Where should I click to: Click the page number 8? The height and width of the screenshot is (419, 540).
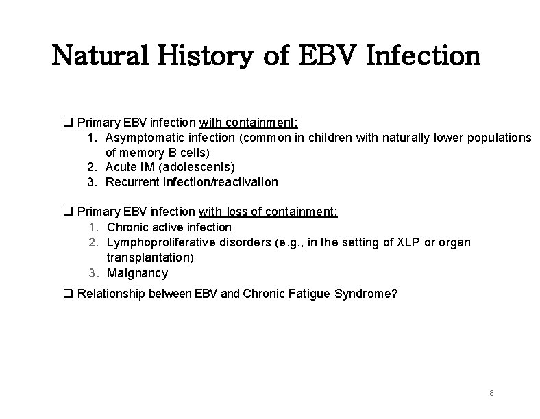(492, 394)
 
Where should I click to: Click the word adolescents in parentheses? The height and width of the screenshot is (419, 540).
(199, 167)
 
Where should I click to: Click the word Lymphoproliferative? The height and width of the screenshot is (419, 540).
(164, 243)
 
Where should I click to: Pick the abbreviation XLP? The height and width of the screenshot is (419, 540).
(409, 243)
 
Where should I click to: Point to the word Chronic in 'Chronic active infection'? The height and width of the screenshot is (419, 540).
(130, 227)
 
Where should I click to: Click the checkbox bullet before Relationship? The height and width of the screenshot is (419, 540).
(68, 294)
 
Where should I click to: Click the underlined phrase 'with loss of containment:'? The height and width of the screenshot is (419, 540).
(268, 212)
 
